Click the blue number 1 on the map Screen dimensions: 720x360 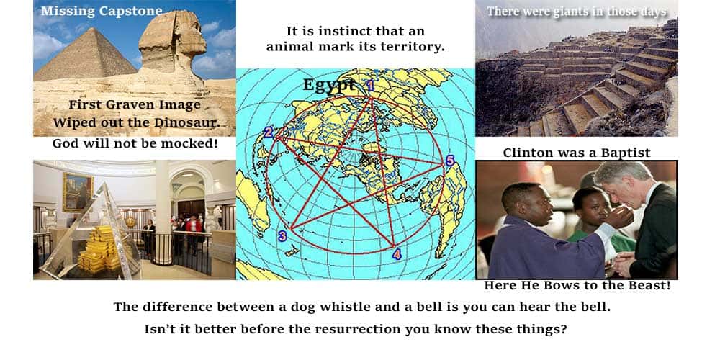tap(371, 86)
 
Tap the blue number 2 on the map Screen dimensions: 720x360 tap(268, 132)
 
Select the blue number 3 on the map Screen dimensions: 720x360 tap(282, 236)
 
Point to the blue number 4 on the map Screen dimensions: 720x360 tap(397, 254)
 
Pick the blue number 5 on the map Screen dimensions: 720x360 tap(450, 161)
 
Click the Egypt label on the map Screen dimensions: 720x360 tap(329, 85)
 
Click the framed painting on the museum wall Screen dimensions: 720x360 tap(78, 192)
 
